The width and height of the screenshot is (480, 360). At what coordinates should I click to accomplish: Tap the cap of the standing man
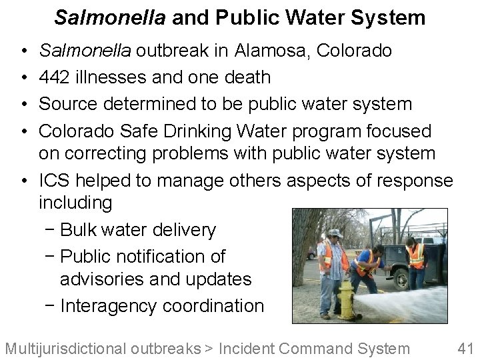click(x=335, y=233)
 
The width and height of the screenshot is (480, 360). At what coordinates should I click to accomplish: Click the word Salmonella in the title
click(x=110, y=17)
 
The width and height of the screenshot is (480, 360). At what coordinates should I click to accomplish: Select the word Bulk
click(x=78, y=230)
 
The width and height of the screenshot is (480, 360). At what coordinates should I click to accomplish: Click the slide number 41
click(x=465, y=348)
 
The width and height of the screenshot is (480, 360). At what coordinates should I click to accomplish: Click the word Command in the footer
click(x=315, y=348)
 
